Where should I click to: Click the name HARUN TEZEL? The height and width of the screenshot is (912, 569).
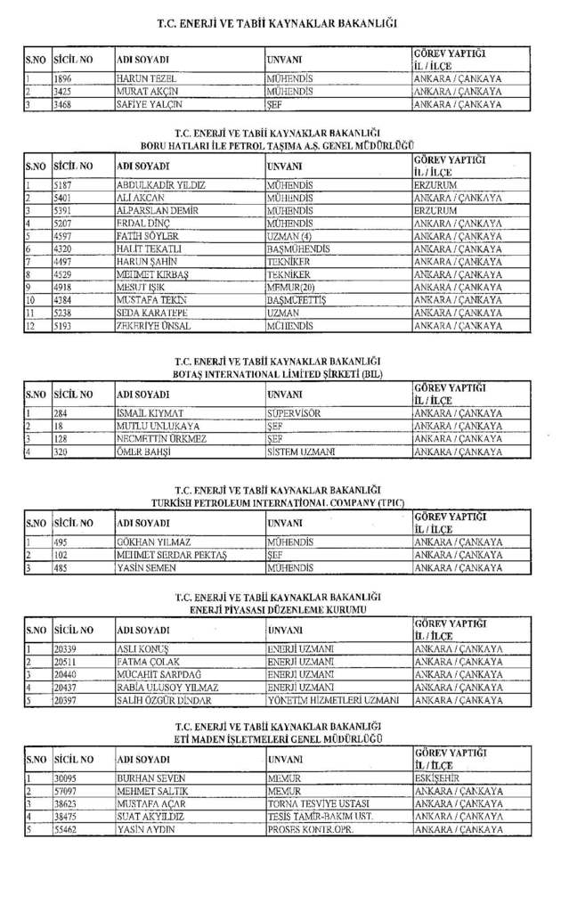pyautogui.click(x=142, y=78)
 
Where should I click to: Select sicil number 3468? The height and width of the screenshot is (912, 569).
pyautogui.click(x=66, y=104)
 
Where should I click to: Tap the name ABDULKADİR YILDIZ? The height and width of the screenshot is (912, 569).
pyautogui.click(x=161, y=184)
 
